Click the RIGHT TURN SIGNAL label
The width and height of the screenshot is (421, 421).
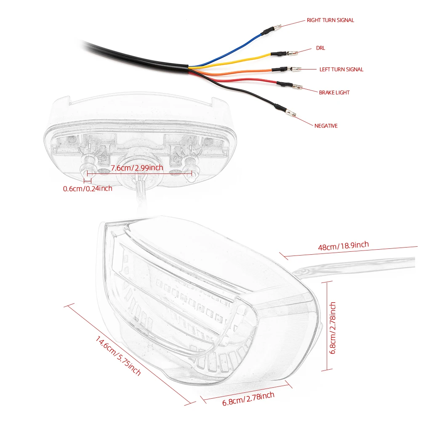[330, 20]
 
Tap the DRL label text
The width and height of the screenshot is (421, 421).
[320, 48]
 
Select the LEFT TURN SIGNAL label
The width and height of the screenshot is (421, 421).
[341, 69]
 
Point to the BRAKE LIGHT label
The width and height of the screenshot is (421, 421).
[334, 93]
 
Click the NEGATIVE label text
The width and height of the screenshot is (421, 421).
[326, 125]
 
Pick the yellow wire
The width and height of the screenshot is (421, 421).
[236, 61]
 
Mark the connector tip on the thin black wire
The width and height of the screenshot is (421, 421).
[291, 114]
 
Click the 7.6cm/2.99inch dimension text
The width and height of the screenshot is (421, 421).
[136, 168]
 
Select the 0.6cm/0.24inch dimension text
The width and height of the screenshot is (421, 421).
[88, 189]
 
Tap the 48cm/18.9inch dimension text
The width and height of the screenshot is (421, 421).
[343, 246]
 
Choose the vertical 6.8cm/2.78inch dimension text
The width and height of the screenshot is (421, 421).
[332, 328]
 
